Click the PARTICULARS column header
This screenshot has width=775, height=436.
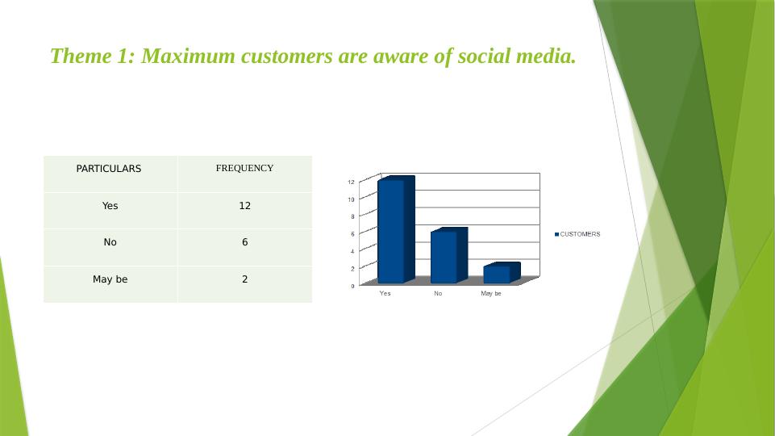click(109, 169)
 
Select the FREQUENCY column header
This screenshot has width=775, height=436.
click(244, 168)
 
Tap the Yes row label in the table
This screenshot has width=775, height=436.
click(110, 206)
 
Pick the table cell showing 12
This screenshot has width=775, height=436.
click(244, 206)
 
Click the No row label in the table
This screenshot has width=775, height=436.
click(110, 242)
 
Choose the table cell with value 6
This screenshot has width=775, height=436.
click(244, 242)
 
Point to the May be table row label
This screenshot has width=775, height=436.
click(110, 279)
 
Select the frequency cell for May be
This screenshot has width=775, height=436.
click(244, 279)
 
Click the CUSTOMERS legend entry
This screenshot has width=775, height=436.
click(577, 234)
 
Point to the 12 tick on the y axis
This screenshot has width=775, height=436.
click(352, 182)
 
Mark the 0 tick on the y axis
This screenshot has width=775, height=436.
click(353, 286)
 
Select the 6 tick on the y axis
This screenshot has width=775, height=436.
click(353, 234)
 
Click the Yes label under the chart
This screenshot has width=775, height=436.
click(385, 293)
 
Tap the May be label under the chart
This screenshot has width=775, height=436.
click(491, 293)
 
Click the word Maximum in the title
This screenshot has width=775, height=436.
click(189, 56)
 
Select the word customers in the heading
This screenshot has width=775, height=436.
click(286, 57)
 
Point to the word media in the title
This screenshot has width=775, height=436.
click(546, 56)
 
